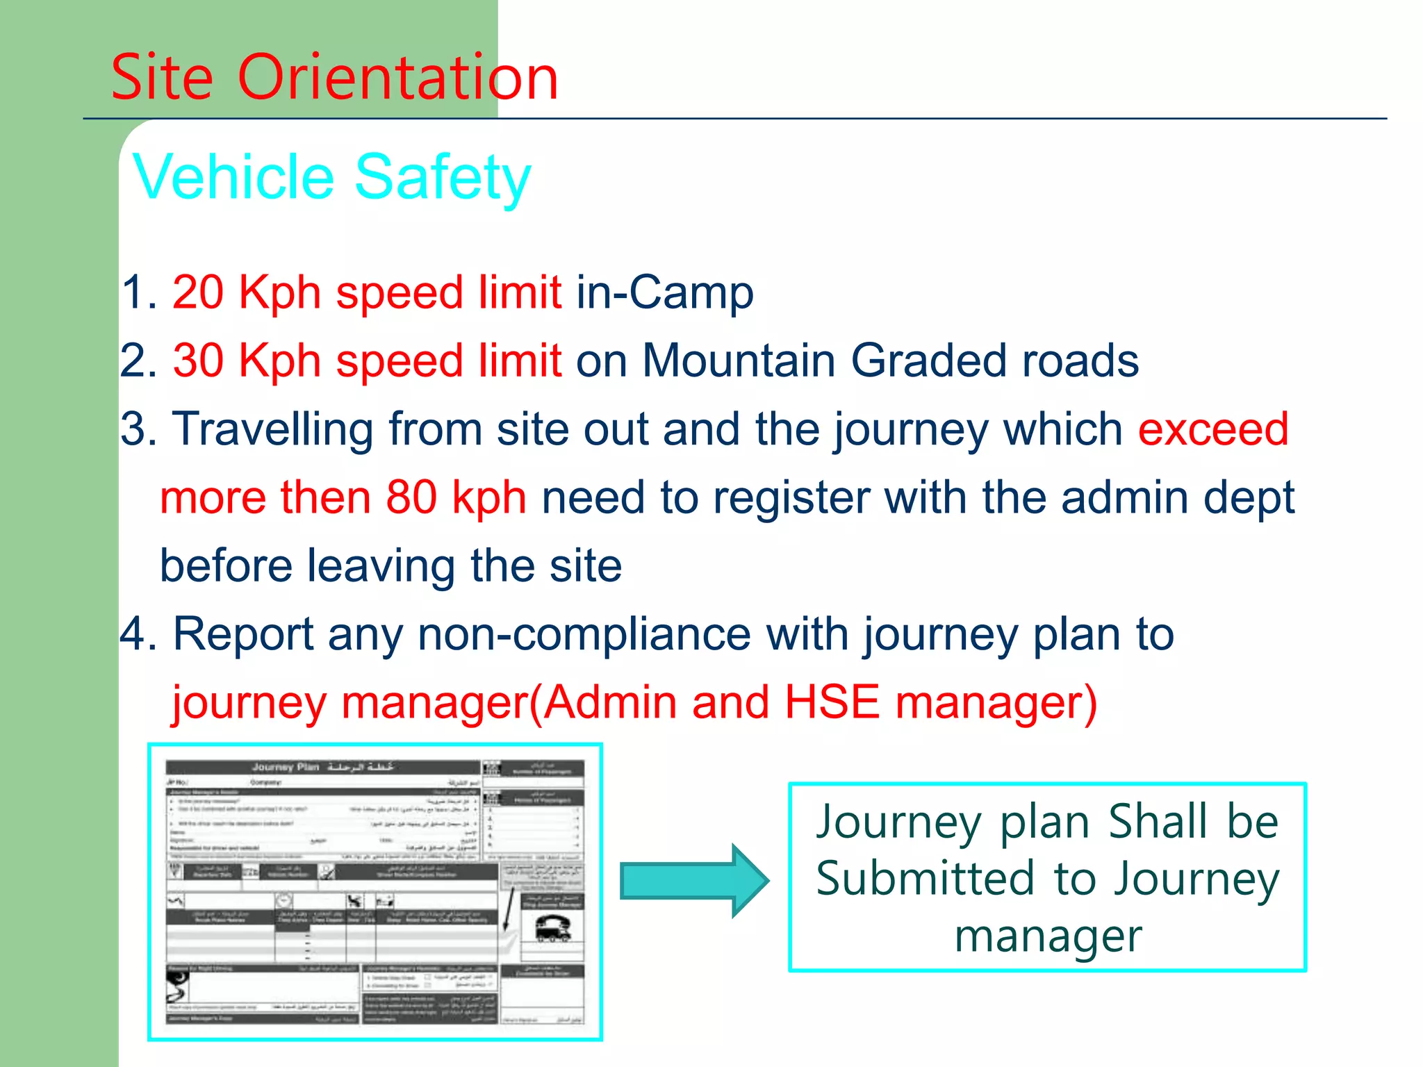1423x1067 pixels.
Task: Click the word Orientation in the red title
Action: [397, 78]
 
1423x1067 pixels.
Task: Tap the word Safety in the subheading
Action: [443, 178]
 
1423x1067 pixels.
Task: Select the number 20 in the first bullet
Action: [197, 292]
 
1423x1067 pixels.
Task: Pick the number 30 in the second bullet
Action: [198, 361]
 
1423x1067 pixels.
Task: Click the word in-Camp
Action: [664, 292]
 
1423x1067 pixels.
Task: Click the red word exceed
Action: [1213, 429]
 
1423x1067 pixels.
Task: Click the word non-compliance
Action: [584, 634]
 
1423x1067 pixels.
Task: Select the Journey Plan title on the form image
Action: [322, 767]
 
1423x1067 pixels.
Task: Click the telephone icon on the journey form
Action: [553, 927]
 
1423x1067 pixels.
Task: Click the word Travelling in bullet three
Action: [272, 429]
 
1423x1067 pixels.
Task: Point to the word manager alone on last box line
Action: [1048, 936]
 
